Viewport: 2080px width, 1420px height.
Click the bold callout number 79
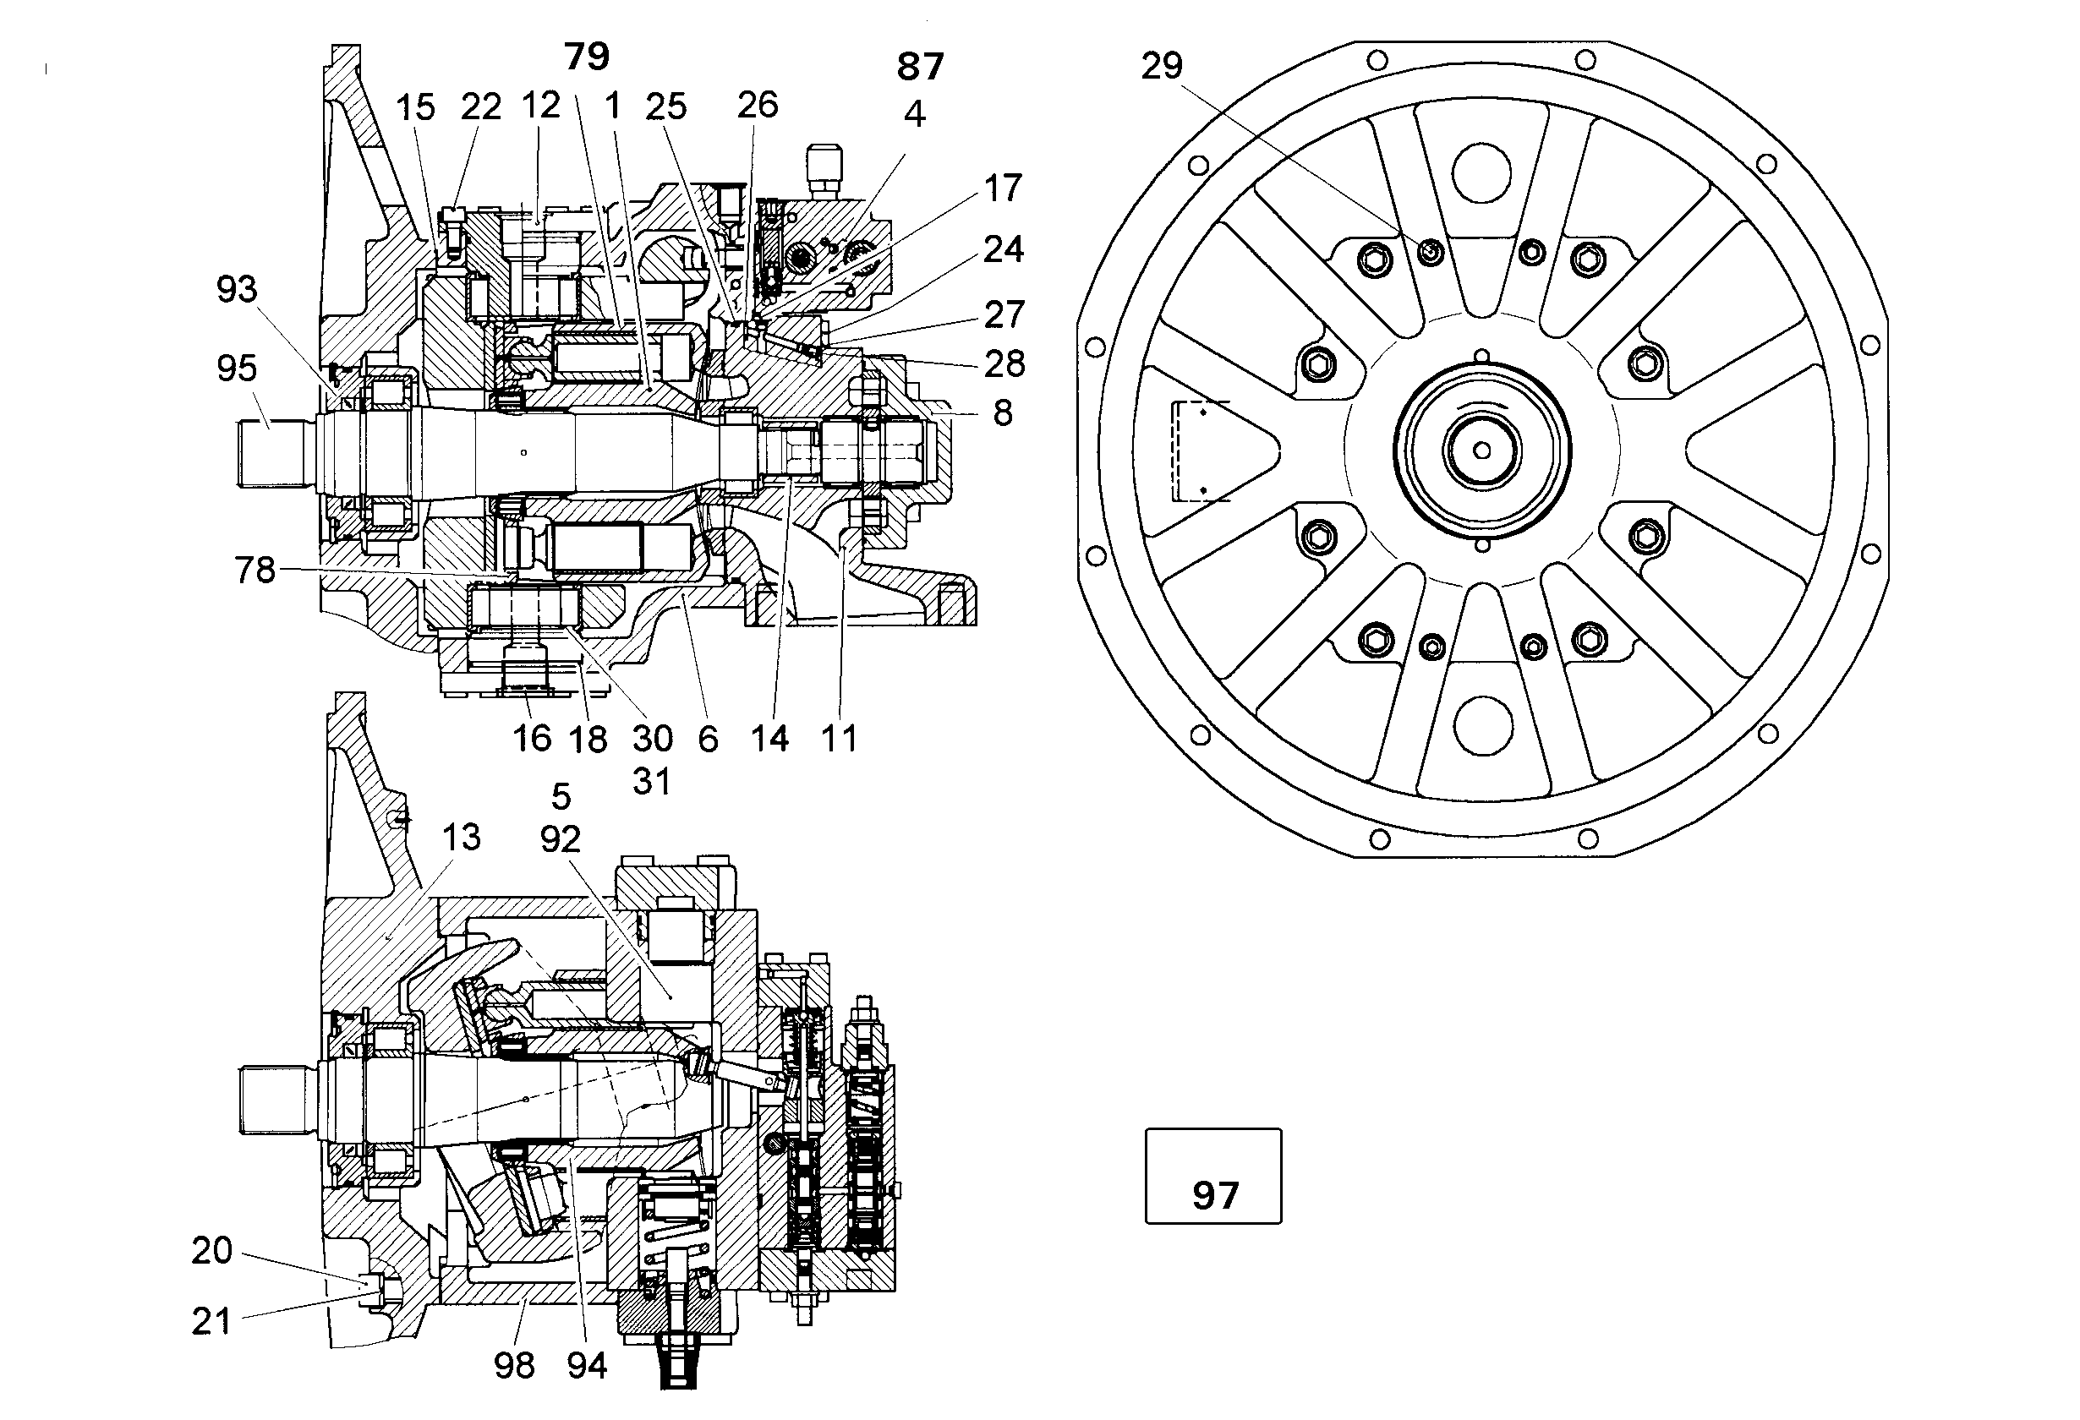point(587,57)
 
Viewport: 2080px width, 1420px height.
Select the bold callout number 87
point(920,67)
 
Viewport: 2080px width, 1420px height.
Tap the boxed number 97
point(1214,1195)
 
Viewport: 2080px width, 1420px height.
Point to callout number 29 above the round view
point(1162,65)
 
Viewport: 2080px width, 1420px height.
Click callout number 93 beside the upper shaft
point(236,289)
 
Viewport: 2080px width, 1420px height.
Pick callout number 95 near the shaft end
point(236,368)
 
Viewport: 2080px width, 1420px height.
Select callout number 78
point(255,570)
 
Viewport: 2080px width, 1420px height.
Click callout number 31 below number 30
point(652,782)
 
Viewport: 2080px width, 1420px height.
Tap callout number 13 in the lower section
point(461,838)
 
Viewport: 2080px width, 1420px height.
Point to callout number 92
point(561,838)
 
